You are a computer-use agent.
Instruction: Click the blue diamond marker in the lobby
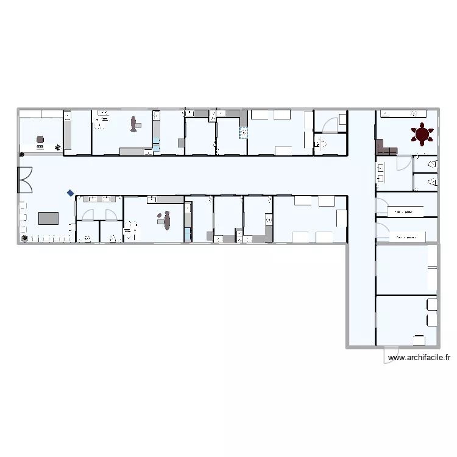pyautogui.click(x=71, y=193)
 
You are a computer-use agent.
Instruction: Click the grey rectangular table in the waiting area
pyautogui.click(x=48, y=218)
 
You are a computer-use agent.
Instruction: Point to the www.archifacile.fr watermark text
pyautogui.click(x=419, y=358)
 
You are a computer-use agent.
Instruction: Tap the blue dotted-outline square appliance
pyautogui.click(x=244, y=132)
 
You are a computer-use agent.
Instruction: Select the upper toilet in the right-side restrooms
pyautogui.click(x=432, y=164)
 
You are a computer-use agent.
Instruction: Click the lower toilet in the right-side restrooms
pyautogui.click(x=432, y=182)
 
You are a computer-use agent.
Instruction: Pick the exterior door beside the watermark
pyautogui.click(x=392, y=355)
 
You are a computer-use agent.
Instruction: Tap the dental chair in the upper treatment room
pyautogui.click(x=133, y=124)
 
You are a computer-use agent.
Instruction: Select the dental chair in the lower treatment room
pyautogui.click(x=166, y=220)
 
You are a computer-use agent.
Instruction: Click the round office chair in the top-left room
pyautogui.click(x=40, y=140)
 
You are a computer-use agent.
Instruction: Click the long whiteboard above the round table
pyautogui.click(x=402, y=113)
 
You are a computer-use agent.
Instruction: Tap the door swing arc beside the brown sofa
pyautogui.click(x=403, y=163)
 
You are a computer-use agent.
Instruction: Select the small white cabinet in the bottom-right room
pyautogui.click(x=419, y=340)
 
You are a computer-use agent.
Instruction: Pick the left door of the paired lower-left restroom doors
pyautogui.click(x=87, y=214)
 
